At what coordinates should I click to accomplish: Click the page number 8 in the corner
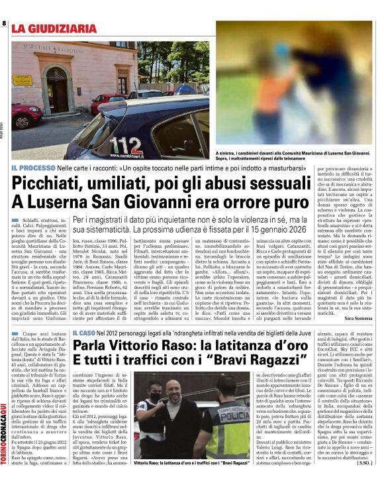coord(5,25)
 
